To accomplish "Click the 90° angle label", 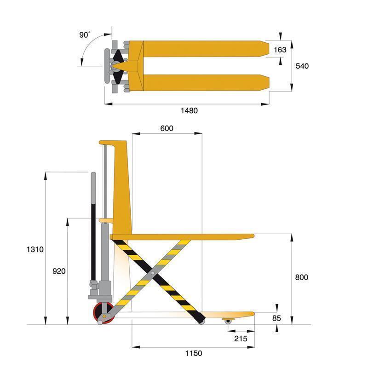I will coord(85,35).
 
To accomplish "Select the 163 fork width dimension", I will coord(280,50).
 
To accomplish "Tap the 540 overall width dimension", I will coord(302,66).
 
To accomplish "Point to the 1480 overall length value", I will coord(189,110).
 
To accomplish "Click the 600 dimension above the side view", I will coord(167,128).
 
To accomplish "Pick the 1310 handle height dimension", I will coord(35,250).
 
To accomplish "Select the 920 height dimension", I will coord(59,271).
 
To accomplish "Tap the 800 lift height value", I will coord(302,277).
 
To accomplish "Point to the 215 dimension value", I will coord(240,339).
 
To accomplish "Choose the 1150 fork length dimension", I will coord(194,353).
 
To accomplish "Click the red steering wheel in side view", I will coord(104,313).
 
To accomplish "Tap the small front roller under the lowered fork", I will coord(228,321).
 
